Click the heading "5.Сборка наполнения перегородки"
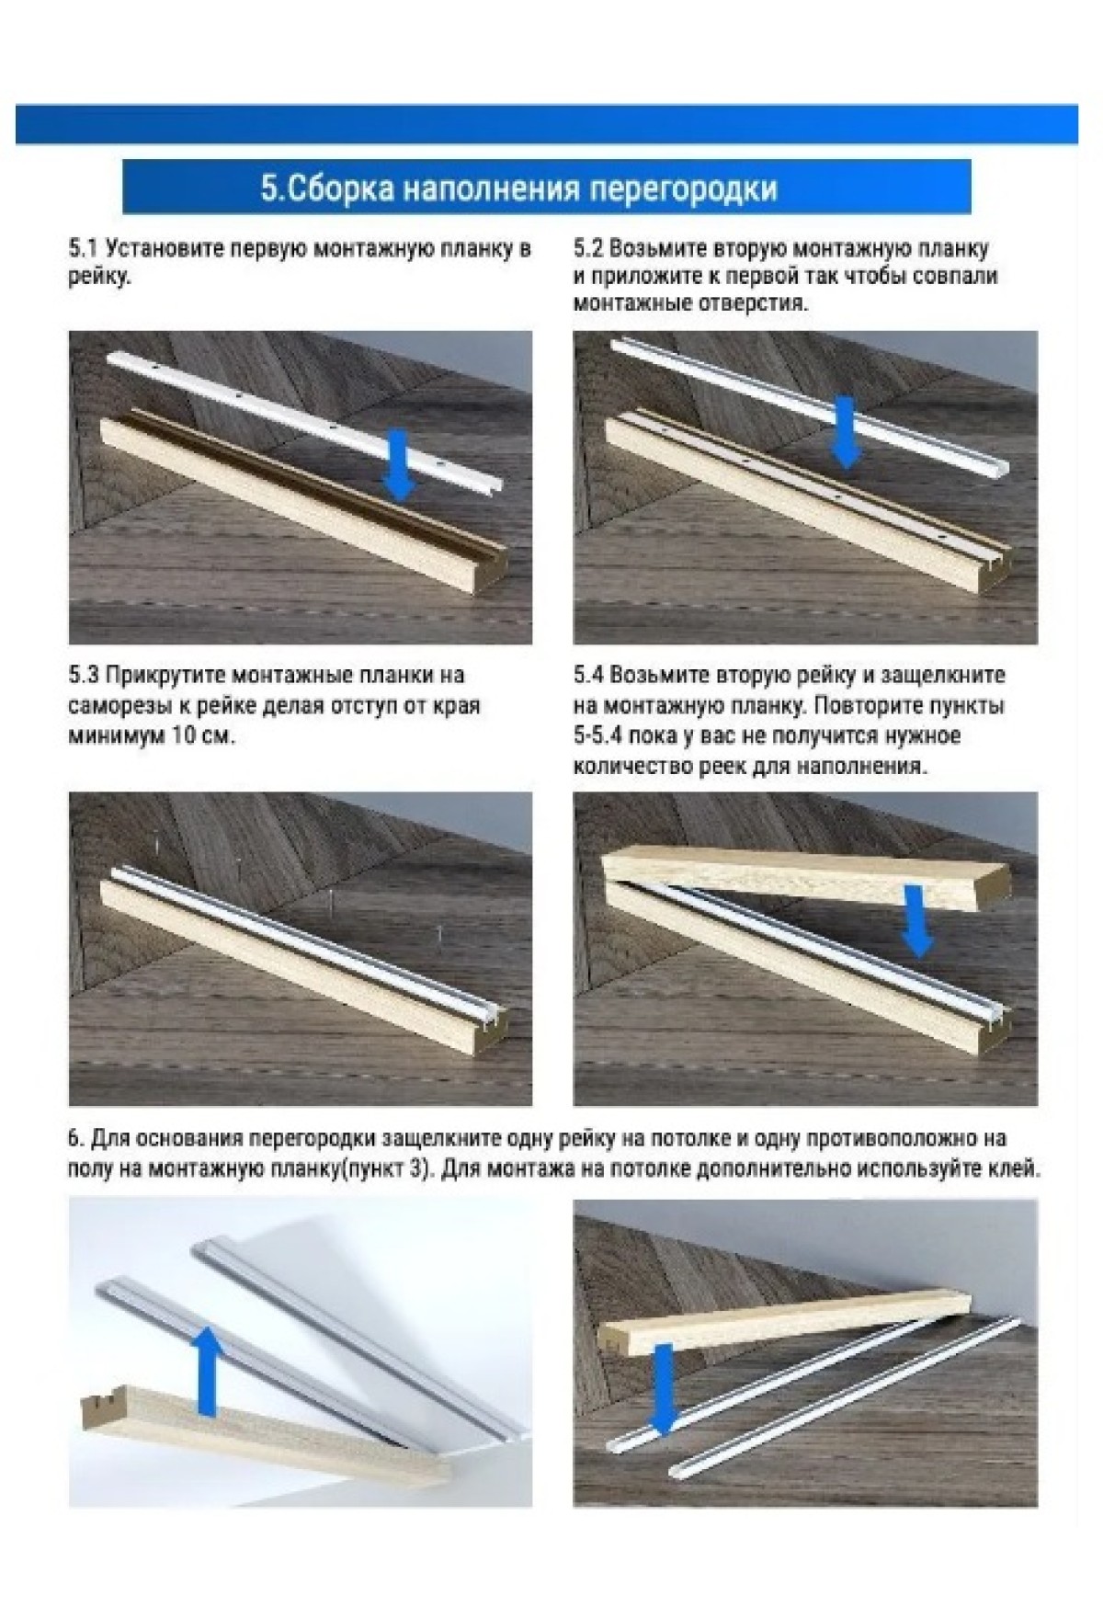[x=519, y=188]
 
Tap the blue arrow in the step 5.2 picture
[x=845, y=430]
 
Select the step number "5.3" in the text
[x=83, y=676]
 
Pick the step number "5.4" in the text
[x=588, y=676]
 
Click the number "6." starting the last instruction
[x=76, y=1138]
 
